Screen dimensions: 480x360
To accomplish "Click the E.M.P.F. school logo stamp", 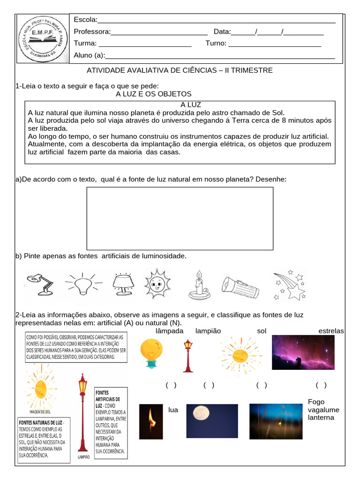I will (43, 38).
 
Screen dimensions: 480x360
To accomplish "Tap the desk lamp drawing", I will (39, 284).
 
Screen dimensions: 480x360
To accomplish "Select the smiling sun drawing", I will (158, 283).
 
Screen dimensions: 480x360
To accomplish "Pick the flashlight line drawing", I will (240, 287).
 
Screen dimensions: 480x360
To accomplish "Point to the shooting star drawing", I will (290, 285).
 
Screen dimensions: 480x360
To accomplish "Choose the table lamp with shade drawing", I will (123, 284).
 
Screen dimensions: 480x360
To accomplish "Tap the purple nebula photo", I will (303, 352).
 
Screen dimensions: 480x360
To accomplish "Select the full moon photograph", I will (212, 418).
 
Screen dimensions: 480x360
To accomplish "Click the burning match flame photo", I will (150, 421).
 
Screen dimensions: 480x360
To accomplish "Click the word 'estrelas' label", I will (331, 331).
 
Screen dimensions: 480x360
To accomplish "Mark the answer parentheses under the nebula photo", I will (321, 385).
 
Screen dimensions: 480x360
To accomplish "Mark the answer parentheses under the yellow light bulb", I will (171, 385).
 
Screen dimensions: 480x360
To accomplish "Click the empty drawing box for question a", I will (180, 218).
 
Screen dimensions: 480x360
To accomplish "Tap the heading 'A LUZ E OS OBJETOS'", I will (154, 94).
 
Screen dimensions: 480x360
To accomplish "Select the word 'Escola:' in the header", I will (86, 20).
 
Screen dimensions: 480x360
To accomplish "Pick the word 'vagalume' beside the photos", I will (323, 410).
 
